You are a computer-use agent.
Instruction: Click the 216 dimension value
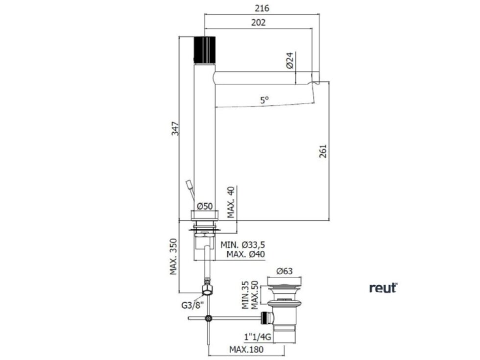[262, 8]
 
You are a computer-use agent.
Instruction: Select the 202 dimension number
[258, 23]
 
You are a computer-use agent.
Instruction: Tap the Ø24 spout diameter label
[289, 61]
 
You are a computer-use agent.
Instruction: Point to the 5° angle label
[264, 100]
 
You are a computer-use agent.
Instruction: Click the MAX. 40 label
[231, 202]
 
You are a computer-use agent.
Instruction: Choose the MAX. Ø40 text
[246, 254]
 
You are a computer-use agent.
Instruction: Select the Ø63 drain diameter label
[285, 271]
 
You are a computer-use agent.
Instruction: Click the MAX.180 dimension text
[246, 349]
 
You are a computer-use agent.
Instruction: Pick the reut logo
[383, 288]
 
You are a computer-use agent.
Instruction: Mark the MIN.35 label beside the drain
[246, 294]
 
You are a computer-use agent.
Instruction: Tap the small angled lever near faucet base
[190, 187]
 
